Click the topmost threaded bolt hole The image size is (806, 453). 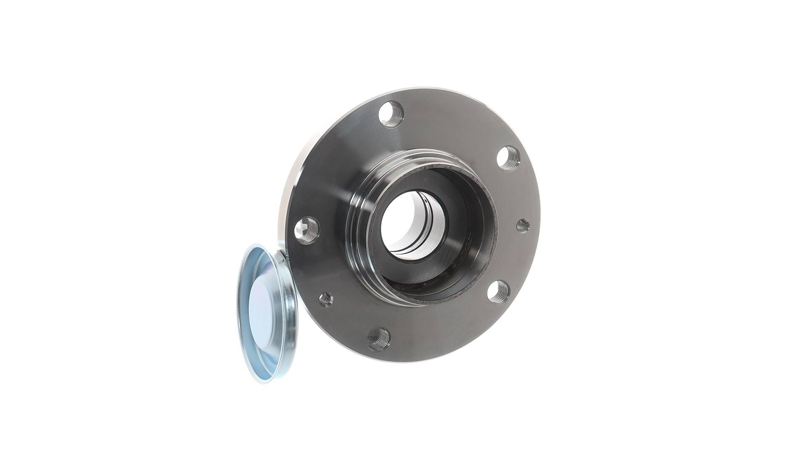pyautogui.click(x=391, y=114)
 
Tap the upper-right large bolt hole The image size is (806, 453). pyautogui.click(x=508, y=159)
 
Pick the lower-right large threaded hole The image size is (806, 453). pyautogui.click(x=498, y=291)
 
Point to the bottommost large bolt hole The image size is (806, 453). pyautogui.click(x=379, y=338)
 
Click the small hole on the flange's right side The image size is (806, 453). pyautogui.click(x=522, y=225)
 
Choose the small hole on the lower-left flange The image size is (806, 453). pyautogui.click(x=325, y=299)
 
